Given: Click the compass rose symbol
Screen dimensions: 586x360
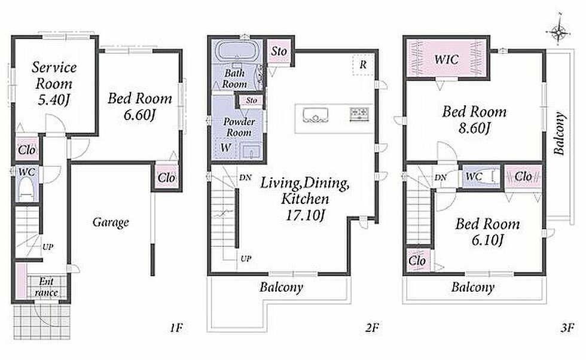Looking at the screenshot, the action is pyautogui.click(x=558, y=32).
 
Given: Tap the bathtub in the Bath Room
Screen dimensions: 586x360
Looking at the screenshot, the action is pyautogui.click(x=236, y=51).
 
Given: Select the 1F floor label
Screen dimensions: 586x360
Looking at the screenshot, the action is pyautogui.click(x=176, y=328).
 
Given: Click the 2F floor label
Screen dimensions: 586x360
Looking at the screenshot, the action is pyautogui.click(x=372, y=328).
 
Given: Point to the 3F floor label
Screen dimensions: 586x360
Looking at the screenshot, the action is pyautogui.click(x=567, y=328).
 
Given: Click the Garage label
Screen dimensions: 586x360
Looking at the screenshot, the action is pyautogui.click(x=111, y=222).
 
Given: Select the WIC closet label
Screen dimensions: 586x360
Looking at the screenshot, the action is pyautogui.click(x=446, y=59).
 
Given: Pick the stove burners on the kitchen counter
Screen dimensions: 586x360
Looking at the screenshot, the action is pyautogui.click(x=359, y=114).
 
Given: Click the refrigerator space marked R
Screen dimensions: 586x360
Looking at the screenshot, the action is pyautogui.click(x=363, y=65).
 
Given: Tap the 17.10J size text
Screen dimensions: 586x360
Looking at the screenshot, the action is pyautogui.click(x=304, y=215).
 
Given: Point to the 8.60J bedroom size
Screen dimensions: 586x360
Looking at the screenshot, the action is pyautogui.click(x=474, y=128).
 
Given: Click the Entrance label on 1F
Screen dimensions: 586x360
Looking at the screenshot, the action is pyautogui.click(x=46, y=286).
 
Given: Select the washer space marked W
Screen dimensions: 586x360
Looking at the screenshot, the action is pyautogui.click(x=225, y=148).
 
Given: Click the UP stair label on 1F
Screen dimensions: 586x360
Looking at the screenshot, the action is pyautogui.click(x=48, y=247).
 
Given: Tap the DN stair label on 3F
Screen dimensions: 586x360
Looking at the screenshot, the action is pyautogui.click(x=440, y=177).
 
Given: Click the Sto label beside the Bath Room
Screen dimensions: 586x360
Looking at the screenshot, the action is pyautogui.click(x=279, y=51).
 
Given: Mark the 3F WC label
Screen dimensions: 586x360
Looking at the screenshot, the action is pyautogui.click(x=474, y=176).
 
